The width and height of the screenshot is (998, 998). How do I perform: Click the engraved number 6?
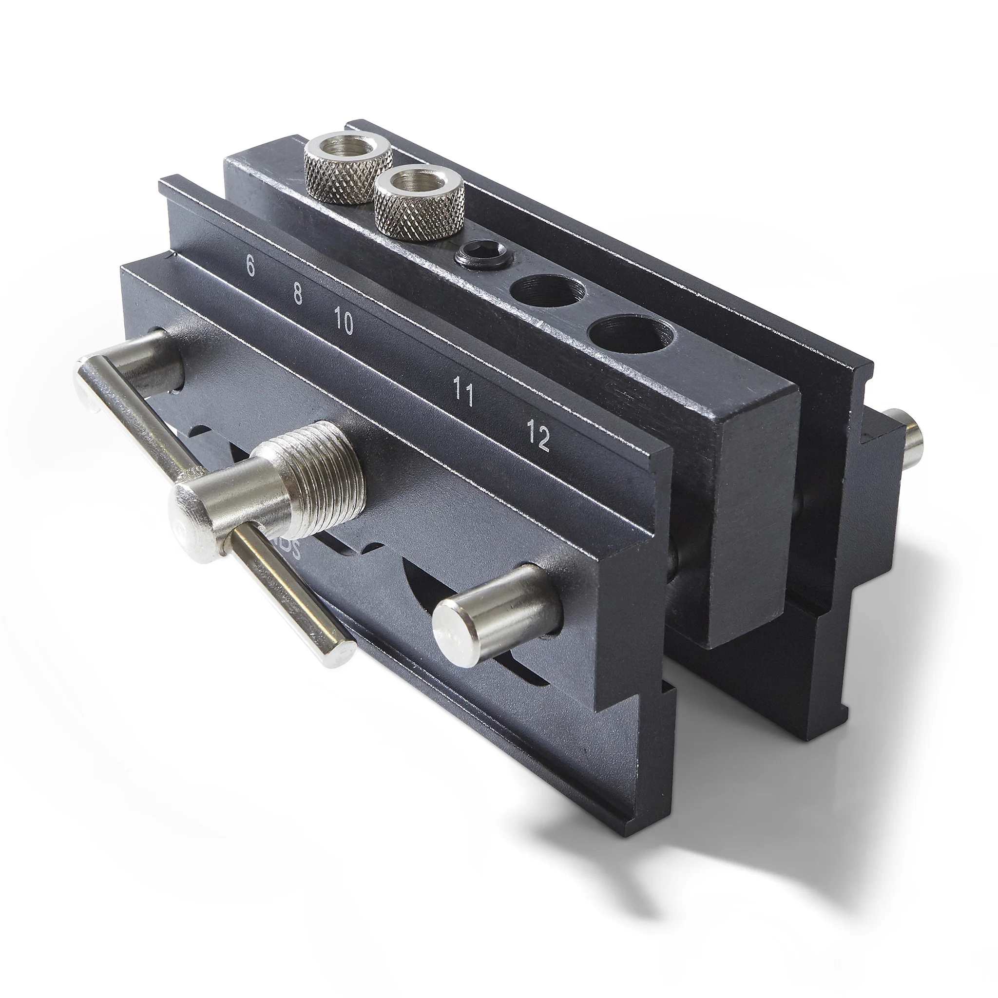[x=250, y=266]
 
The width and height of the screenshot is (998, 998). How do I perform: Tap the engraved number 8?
[x=298, y=293]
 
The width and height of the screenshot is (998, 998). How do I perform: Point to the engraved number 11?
[x=463, y=391]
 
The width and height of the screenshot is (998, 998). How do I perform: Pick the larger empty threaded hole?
[x=631, y=336]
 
